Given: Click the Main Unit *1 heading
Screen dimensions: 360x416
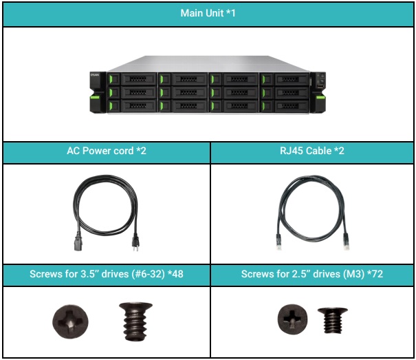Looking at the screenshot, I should point(208,14).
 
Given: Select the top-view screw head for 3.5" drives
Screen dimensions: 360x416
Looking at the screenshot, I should point(70,321).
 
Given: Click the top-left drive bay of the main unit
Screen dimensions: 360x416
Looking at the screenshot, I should point(134,78).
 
